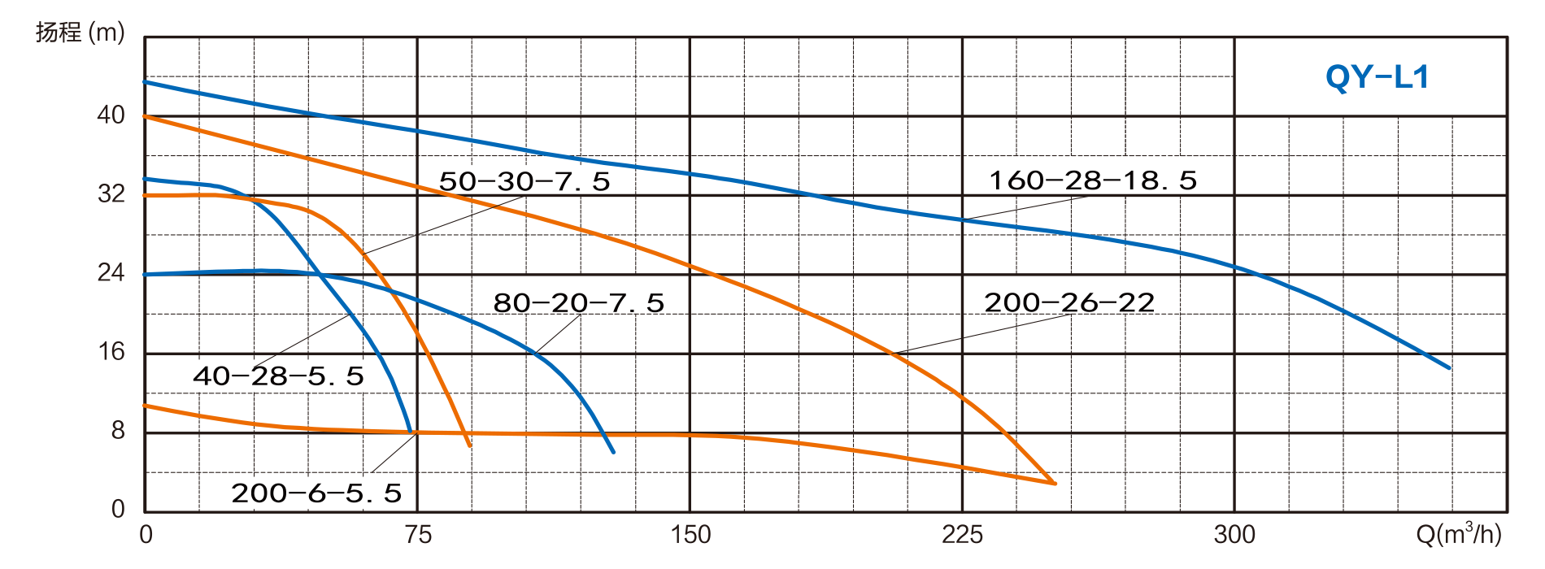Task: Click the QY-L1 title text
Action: pyautogui.click(x=1377, y=78)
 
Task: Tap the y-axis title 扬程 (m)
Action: pyautogui.click(x=80, y=33)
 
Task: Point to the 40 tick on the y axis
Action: pyautogui.click(x=111, y=115)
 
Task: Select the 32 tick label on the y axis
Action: pyautogui.click(x=111, y=194)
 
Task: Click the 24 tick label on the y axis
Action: pyautogui.click(x=111, y=273)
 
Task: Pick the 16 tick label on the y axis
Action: pyautogui.click(x=111, y=352)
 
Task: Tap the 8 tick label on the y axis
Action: pyautogui.click(x=119, y=431)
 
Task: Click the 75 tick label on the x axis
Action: pyautogui.click(x=417, y=535)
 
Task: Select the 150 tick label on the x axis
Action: pyautogui.click(x=690, y=535)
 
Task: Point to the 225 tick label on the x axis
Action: pyautogui.click(x=962, y=535)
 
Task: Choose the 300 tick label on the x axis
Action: pyautogui.click(x=1234, y=535)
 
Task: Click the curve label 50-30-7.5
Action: pyautogui.click(x=524, y=180)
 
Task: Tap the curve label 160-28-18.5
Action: pyautogui.click(x=1092, y=180)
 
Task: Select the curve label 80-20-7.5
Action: pyautogui.click(x=579, y=303)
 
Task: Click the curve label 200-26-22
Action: pyautogui.click(x=1068, y=303)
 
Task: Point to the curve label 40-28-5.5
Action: pyautogui.click(x=279, y=376)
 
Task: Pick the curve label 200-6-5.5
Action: pyautogui.click(x=317, y=493)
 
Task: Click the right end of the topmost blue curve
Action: pyautogui.click(x=1449, y=368)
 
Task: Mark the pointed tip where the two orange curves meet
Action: pyautogui.click(x=1055, y=484)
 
